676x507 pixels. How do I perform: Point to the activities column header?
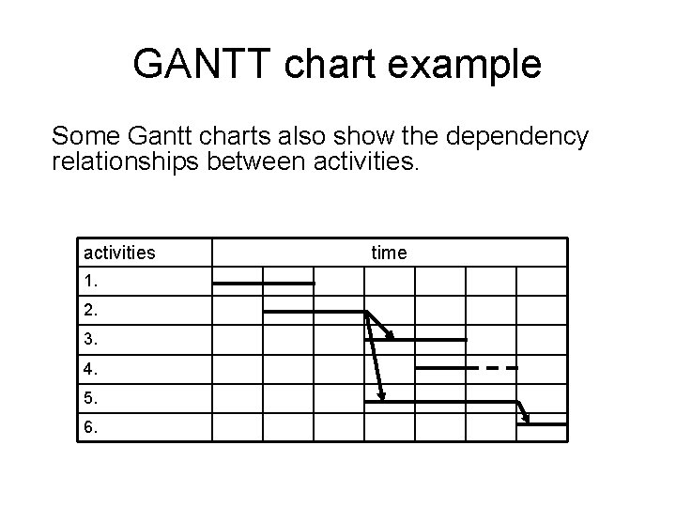119,253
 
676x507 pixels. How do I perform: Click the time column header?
389,253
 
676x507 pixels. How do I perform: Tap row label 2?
90,310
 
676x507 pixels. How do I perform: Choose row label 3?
90,339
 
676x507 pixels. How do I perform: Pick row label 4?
90,368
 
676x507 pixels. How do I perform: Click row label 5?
90,397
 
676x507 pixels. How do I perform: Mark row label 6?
90,426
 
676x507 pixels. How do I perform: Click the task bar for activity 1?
264,283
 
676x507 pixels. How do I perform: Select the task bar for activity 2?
315,312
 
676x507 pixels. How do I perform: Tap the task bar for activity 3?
428,339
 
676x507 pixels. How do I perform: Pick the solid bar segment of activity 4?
446,368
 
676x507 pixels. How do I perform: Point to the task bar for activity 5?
441,402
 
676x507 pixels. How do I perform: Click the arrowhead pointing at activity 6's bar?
528,420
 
